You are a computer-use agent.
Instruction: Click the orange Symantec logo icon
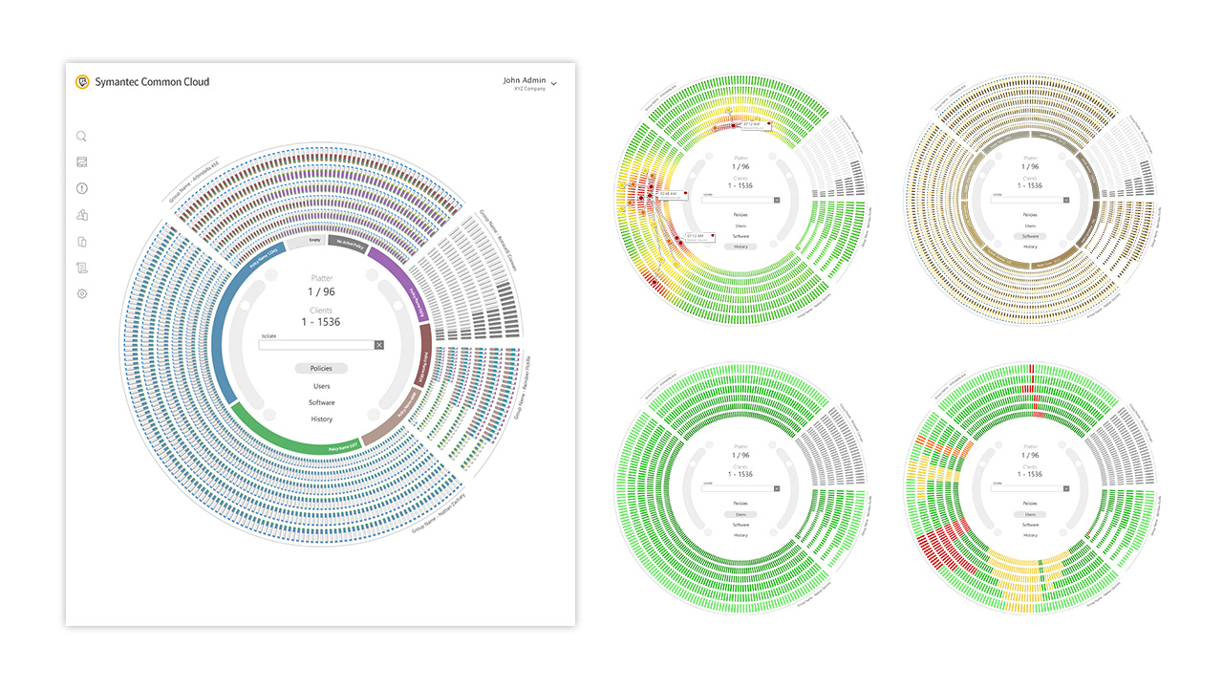pos(83,82)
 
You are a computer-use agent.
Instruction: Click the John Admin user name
pos(525,80)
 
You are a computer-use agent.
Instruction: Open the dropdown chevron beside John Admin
pos(554,84)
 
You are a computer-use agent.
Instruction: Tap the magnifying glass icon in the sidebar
pos(82,137)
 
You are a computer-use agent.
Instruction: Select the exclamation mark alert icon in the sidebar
pos(82,188)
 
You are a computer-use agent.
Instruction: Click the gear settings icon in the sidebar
pos(82,293)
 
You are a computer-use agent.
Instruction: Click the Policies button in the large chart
pos(321,368)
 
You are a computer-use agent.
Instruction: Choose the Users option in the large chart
pos(321,386)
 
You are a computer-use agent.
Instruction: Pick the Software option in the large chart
pos(321,402)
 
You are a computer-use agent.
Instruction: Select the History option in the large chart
pos(321,419)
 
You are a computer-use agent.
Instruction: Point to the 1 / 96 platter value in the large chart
pos(321,291)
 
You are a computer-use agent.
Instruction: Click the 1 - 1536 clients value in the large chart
pos(321,322)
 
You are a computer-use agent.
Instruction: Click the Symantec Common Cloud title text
pos(152,82)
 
